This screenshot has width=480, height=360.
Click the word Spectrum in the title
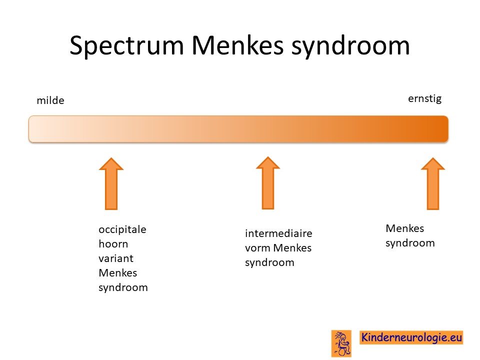click(126, 46)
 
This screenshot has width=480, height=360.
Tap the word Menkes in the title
click(238, 45)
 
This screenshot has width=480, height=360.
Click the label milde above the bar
click(50, 100)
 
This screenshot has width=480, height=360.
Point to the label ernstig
click(424, 99)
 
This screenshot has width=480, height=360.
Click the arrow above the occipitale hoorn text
click(111, 183)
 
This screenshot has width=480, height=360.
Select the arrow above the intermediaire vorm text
click(268, 183)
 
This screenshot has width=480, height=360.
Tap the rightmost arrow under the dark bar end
click(433, 183)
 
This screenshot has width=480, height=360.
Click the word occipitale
click(122, 229)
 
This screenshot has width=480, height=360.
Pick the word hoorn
click(113, 243)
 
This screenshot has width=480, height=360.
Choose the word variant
click(115, 258)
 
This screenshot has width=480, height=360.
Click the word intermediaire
click(278, 233)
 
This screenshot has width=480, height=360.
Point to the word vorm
click(258, 248)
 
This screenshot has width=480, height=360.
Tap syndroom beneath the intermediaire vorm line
click(269, 262)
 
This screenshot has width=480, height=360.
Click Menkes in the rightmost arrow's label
click(404, 228)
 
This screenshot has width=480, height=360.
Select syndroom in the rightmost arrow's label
click(410, 243)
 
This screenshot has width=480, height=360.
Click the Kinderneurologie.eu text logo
click(411, 337)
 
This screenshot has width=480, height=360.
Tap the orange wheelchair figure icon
click(341, 343)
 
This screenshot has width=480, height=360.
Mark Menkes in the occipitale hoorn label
click(118, 273)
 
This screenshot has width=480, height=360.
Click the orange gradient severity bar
click(238, 129)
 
